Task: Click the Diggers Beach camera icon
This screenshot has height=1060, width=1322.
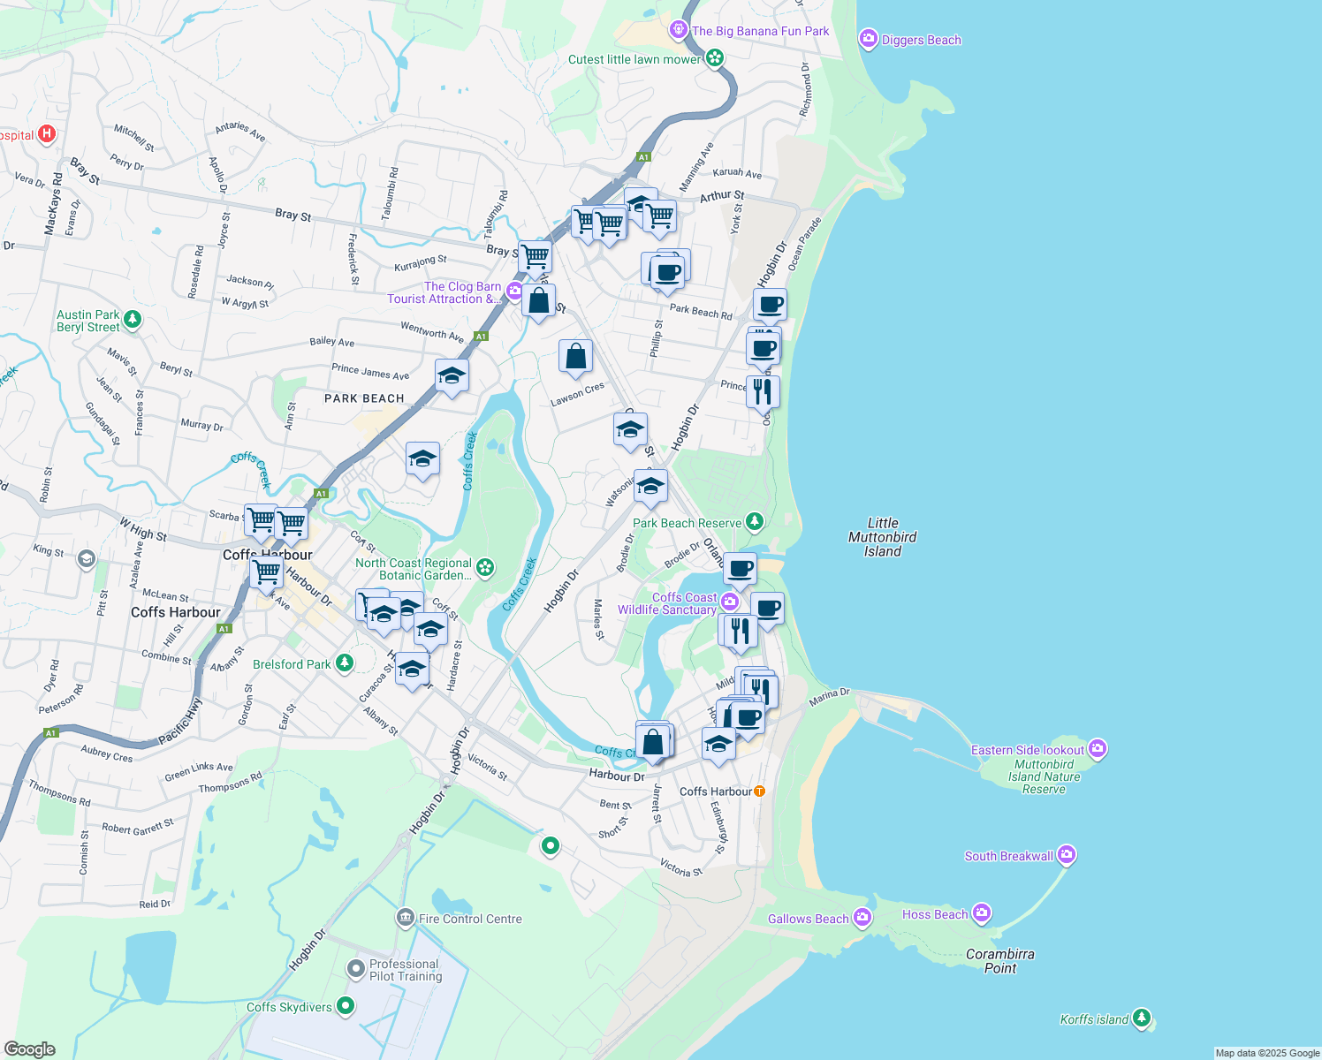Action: (868, 39)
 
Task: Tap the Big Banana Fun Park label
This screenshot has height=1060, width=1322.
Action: (760, 31)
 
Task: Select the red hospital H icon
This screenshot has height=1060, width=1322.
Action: (48, 134)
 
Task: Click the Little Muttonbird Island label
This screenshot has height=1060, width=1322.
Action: (882, 537)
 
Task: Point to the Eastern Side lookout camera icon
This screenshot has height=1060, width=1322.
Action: (1098, 749)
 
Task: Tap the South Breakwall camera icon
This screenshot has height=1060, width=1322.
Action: (1067, 855)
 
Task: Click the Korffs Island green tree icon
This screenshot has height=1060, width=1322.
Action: (1142, 1018)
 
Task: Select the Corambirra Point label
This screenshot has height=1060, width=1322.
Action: (1000, 961)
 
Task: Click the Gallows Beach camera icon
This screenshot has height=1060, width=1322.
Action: (862, 919)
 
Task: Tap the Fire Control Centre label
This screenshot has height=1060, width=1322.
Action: (470, 919)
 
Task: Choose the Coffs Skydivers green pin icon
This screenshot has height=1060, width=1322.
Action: (346, 1006)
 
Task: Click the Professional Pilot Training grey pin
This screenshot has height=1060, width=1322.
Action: (355, 970)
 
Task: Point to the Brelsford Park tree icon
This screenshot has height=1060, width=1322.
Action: (345, 663)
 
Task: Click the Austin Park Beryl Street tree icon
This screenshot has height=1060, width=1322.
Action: (133, 320)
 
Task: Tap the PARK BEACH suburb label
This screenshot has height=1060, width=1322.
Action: (364, 398)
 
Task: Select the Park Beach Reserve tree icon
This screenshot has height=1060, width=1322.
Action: (754, 522)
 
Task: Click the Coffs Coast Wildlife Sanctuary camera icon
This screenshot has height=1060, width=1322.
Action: (729, 602)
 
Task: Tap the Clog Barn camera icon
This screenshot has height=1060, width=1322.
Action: (514, 291)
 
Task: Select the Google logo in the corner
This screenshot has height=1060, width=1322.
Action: (30, 1049)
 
